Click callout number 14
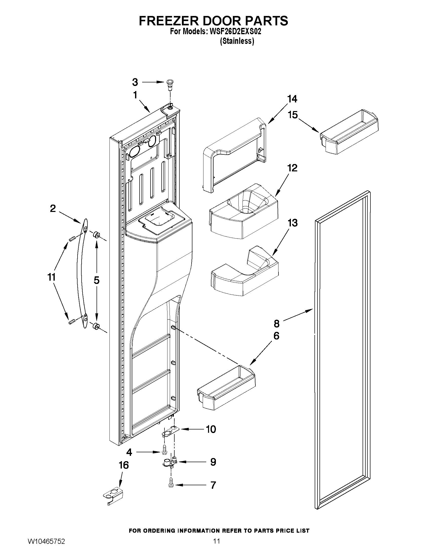[292, 99]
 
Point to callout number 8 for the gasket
[276, 323]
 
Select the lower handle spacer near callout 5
[96, 326]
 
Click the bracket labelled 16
[113, 496]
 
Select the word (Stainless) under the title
[237, 41]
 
